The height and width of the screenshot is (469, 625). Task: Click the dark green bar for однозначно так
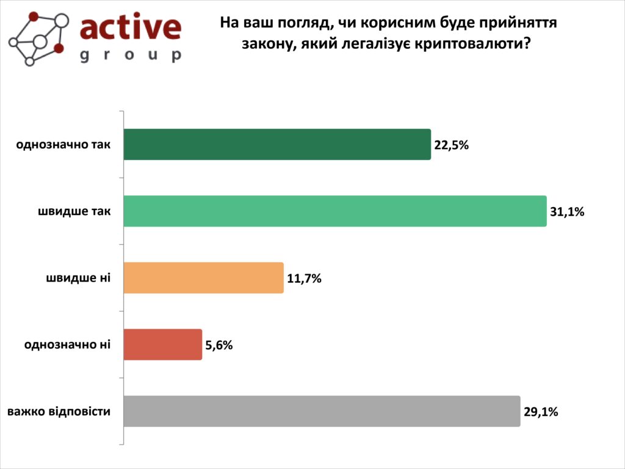(x=277, y=145)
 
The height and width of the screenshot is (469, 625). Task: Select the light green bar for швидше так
(x=334, y=211)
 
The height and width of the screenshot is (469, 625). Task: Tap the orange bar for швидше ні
(x=203, y=278)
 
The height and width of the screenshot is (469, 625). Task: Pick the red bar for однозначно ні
(x=162, y=344)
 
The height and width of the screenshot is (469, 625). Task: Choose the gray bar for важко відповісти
(x=322, y=411)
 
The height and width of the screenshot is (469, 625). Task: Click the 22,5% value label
(x=451, y=145)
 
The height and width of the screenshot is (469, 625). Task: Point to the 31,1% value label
(x=567, y=212)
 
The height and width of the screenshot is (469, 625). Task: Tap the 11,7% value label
(x=304, y=278)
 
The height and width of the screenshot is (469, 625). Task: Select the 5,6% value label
(x=219, y=345)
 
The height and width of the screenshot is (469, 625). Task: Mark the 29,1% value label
(x=541, y=412)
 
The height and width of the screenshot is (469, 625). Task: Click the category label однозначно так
(x=63, y=145)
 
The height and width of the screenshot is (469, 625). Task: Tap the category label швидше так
(x=74, y=211)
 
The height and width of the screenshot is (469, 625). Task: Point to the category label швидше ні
(x=78, y=278)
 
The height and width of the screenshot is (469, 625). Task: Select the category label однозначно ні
(x=68, y=344)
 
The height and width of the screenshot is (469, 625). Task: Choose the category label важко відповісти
(x=59, y=411)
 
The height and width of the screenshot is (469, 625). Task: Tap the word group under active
(x=131, y=55)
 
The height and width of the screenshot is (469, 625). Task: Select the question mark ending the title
(x=527, y=43)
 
